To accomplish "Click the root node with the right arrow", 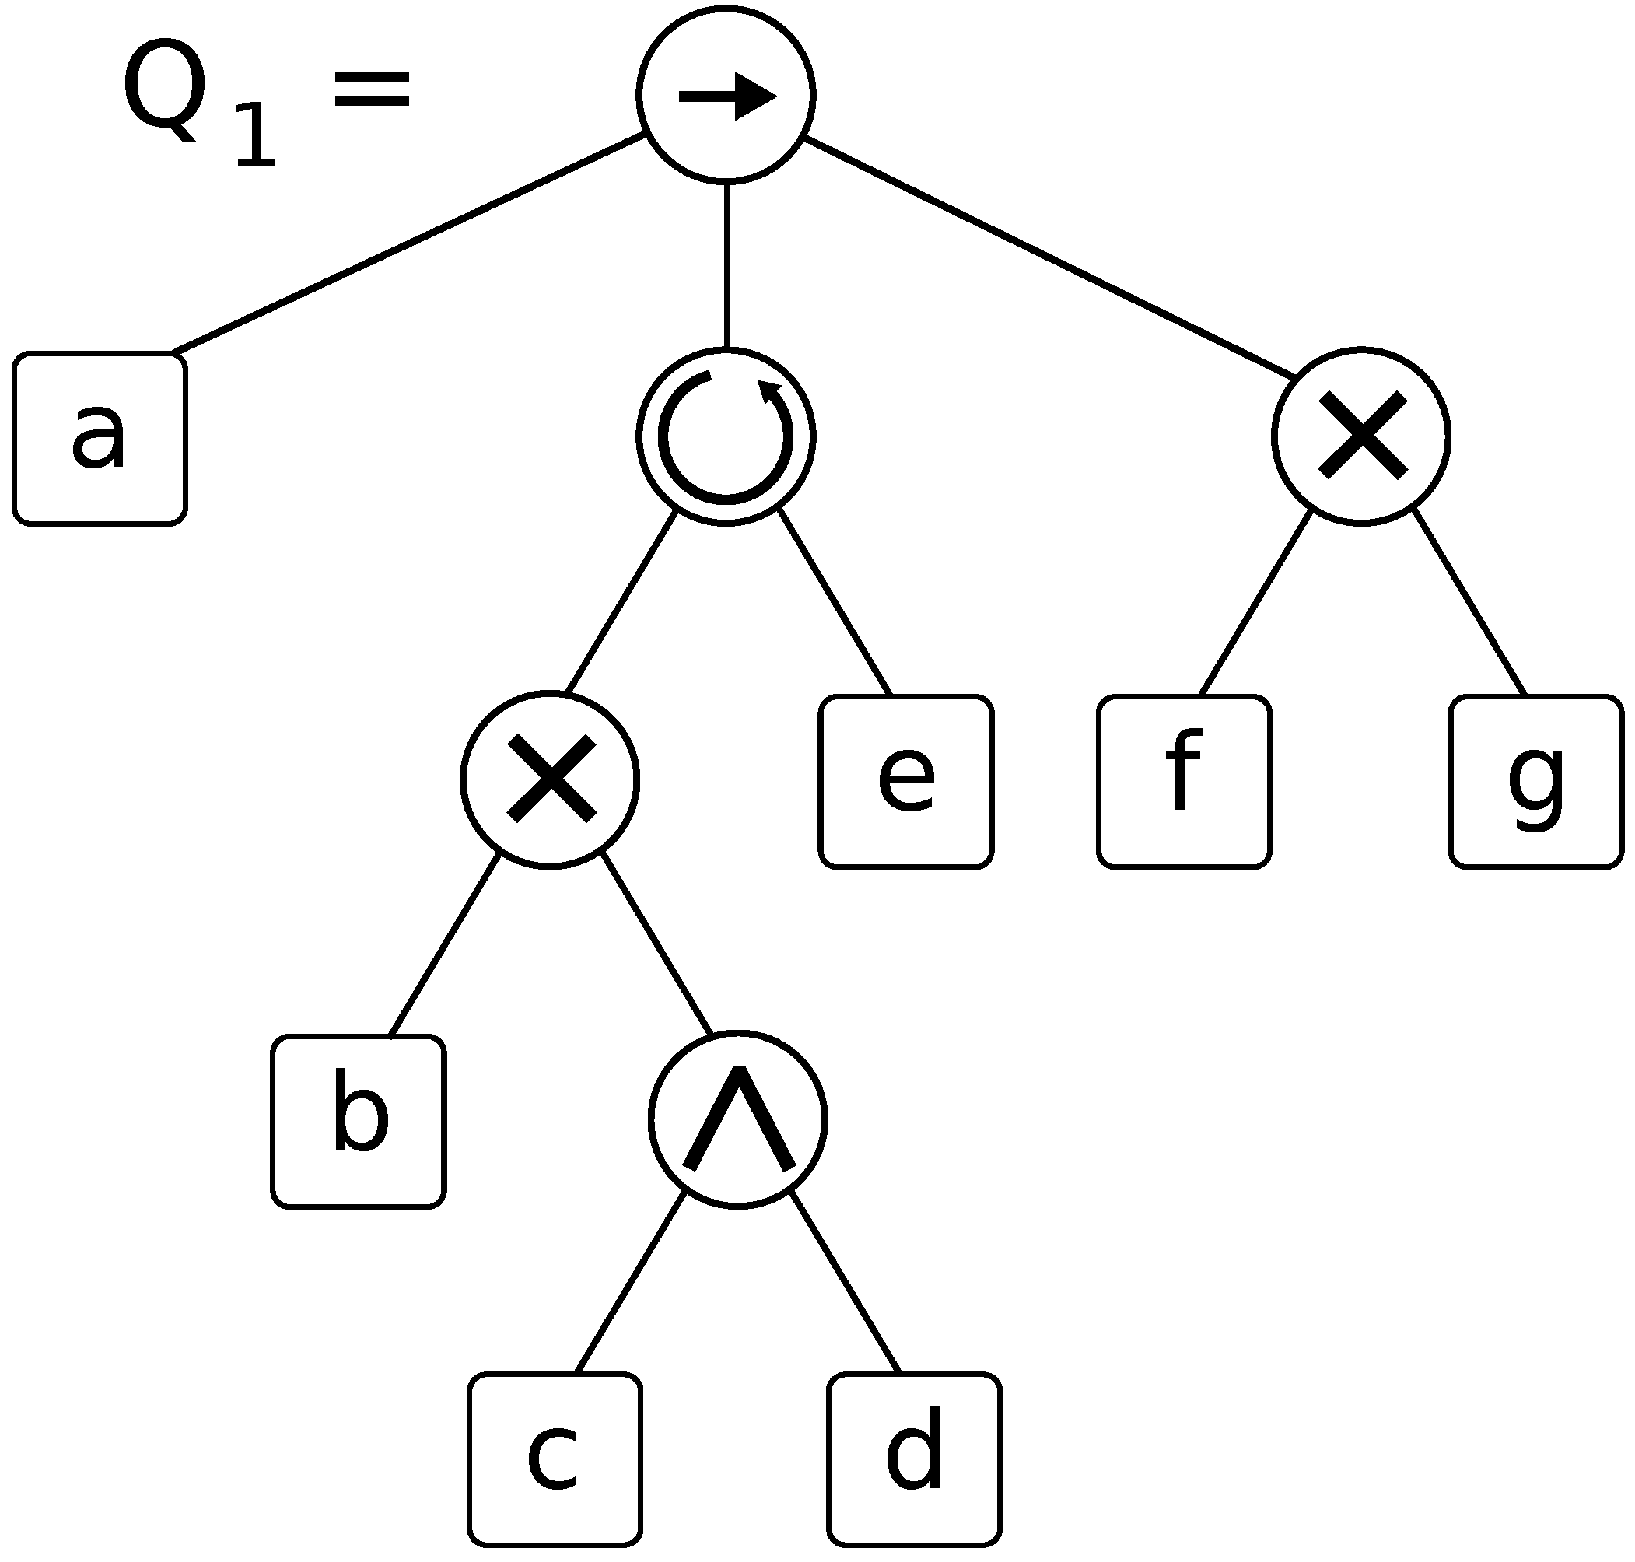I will tap(725, 95).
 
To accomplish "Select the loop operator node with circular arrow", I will tap(725, 436).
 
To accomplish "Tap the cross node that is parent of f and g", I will tap(1361, 436).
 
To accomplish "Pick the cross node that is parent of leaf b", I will tap(549, 779).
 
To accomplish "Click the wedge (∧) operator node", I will tap(737, 1120).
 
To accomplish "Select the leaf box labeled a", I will tap(99, 439).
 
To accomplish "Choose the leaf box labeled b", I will tap(358, 1122).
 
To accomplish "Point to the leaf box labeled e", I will tap(905, 781).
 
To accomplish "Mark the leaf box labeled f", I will tap(1184, 781).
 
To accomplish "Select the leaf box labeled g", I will tap(1536, 781).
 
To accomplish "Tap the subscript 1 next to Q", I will tap(255, 135).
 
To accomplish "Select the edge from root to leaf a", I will tap(408, 242).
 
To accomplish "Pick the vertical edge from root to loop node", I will tap(726, 264).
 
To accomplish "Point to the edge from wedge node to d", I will tap(846, 1282).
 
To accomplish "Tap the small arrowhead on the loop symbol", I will tap(769, 390).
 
